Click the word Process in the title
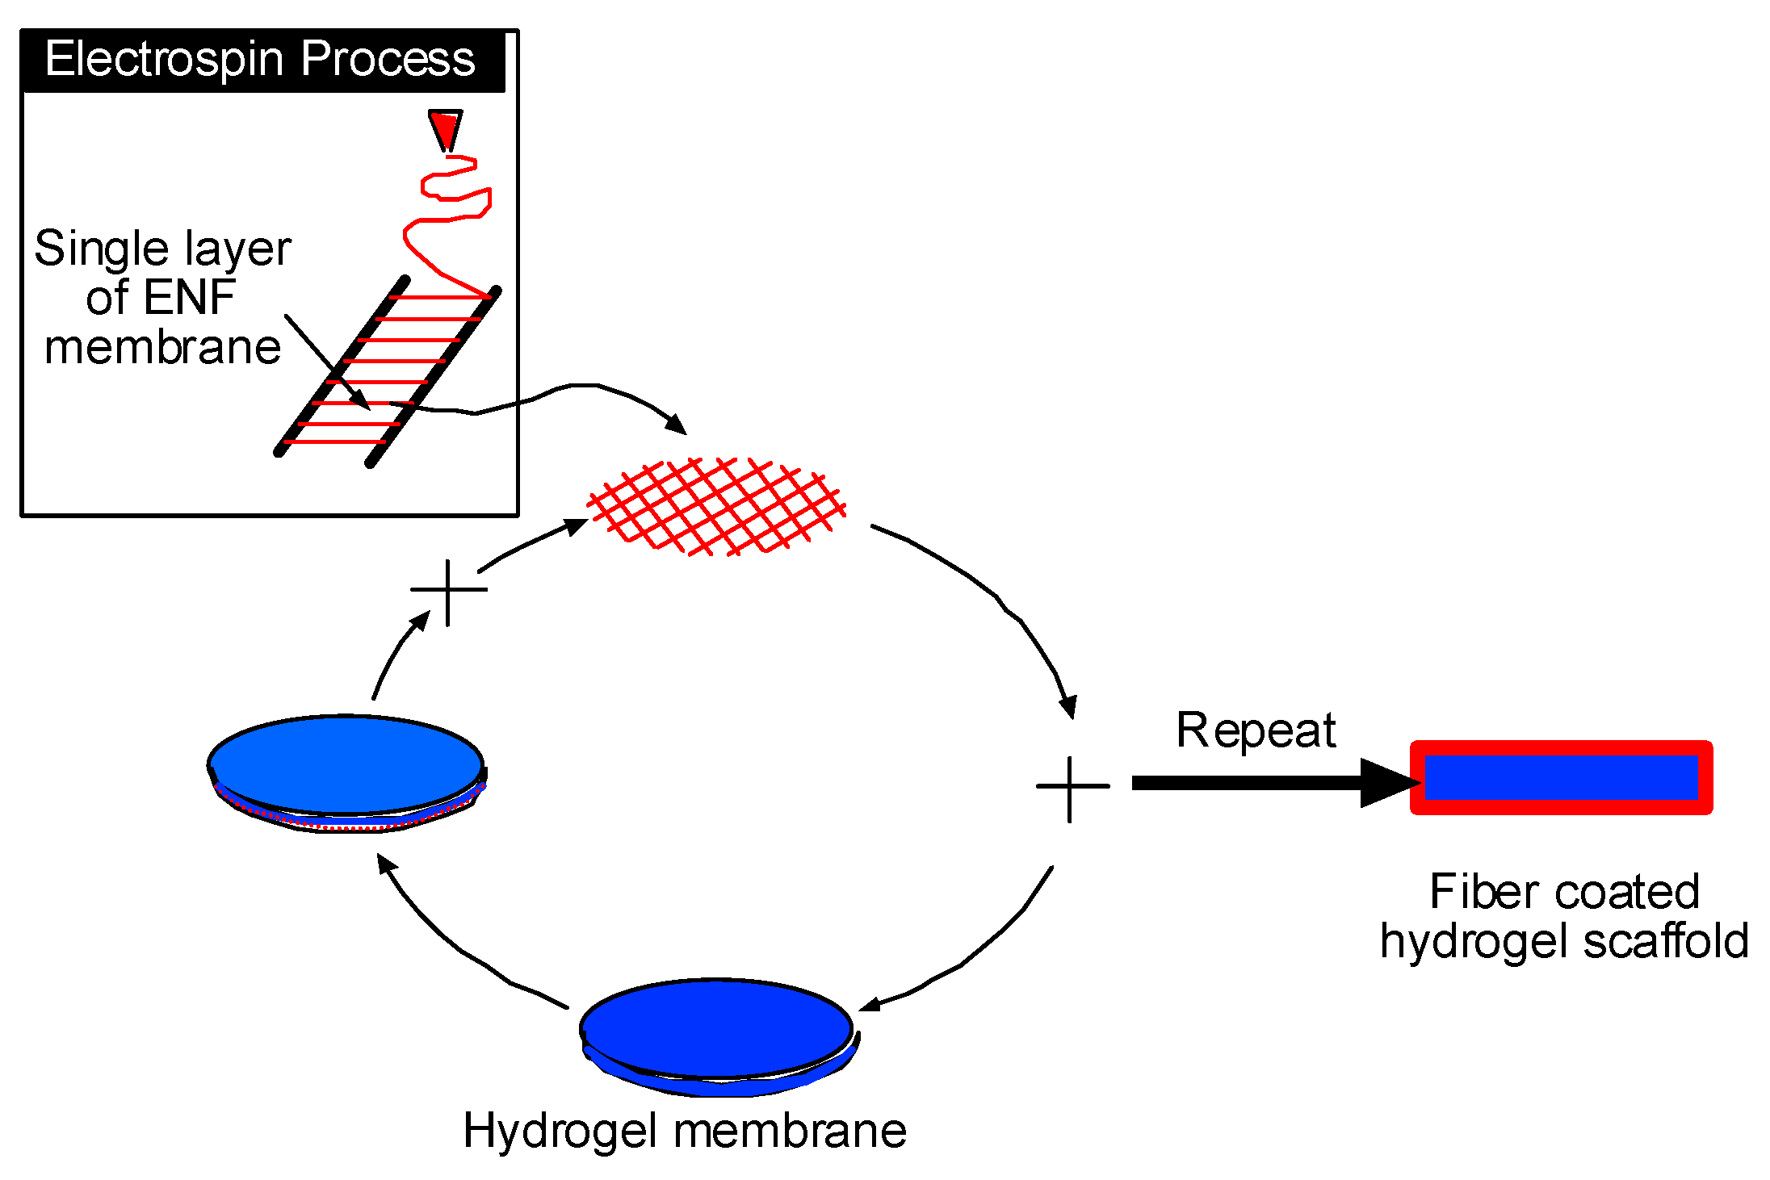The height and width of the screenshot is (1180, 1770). tap(388, 60)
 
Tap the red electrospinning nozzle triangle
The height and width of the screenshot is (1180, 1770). tap(445, 128)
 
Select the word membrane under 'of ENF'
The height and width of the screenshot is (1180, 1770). tap(162, 348)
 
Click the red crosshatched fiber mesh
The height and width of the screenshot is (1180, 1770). tap(716, 507)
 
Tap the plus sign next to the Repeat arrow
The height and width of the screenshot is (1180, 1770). tap(1071, 787)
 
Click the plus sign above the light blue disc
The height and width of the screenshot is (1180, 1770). tap(448, 591)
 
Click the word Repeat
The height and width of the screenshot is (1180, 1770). tap(1256, 730)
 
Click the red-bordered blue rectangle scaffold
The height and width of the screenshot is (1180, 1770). tap(1561, 777)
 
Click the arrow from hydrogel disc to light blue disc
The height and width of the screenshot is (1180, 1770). tap(452, 944)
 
